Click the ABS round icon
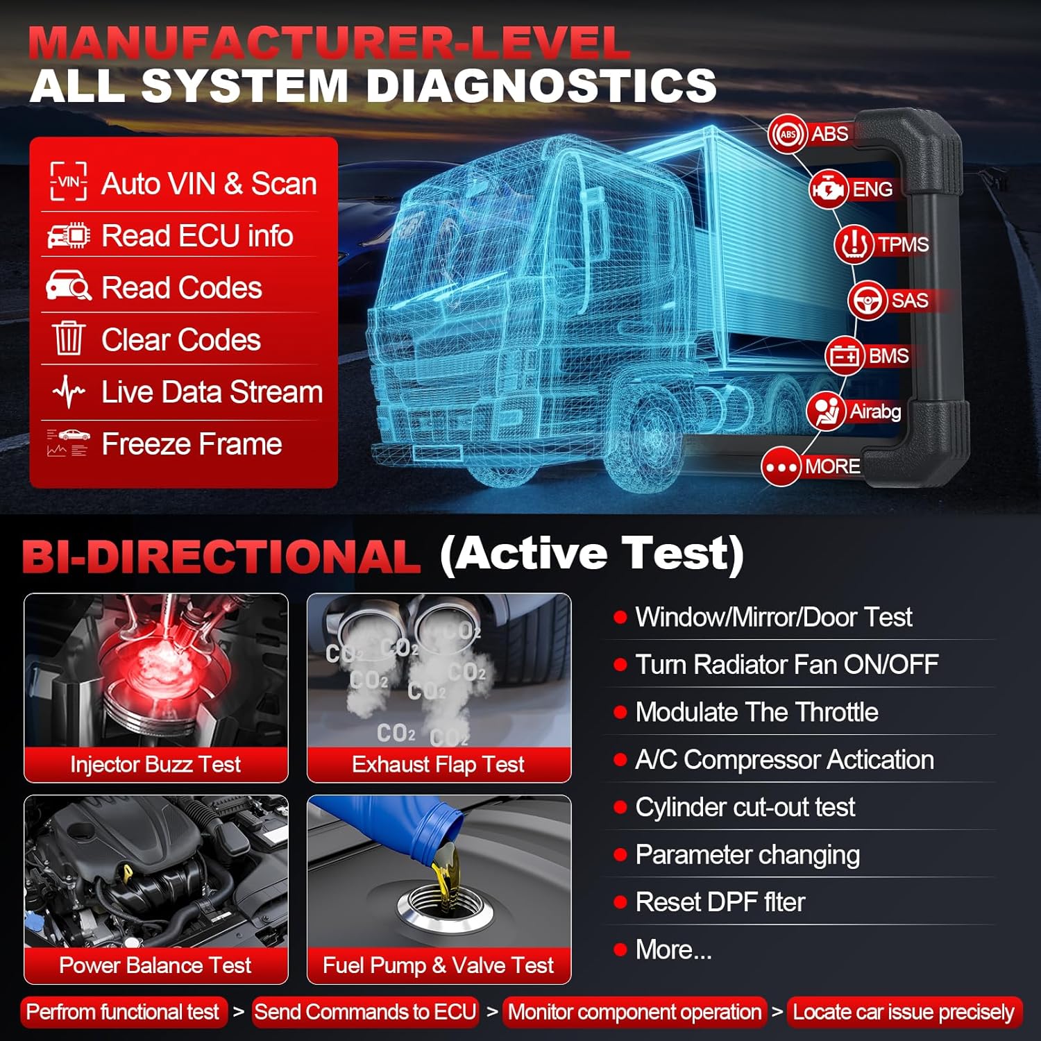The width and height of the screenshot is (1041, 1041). pos(788,134)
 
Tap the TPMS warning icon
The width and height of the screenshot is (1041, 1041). pos(854,244)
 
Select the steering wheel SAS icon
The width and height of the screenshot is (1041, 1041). pos(867,301)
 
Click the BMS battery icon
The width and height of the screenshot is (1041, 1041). pos(845,356)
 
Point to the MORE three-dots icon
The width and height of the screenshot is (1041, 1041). pos(781,466)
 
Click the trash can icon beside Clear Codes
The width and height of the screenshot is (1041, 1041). pos(68,339)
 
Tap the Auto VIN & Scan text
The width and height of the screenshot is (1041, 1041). pos(209,184)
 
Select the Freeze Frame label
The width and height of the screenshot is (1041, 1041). pos(192,444)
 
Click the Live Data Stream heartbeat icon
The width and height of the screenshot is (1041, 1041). pos(68,392)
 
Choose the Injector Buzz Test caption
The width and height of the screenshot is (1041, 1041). pos(155,764)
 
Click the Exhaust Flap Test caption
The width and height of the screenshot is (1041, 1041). pos(439,764)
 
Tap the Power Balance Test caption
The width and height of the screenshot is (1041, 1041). pos(155,965)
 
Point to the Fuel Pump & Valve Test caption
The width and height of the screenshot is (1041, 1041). pos(439,965)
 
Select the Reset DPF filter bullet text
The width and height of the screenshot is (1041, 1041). pos(720,902)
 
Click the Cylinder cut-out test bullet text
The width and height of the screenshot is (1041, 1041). pos(745,807)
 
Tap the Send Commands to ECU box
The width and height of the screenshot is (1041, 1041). pos(365,1012)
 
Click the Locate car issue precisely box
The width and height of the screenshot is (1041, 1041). pos(904,1012)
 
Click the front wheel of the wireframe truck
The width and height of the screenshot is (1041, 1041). pos(652,434)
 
